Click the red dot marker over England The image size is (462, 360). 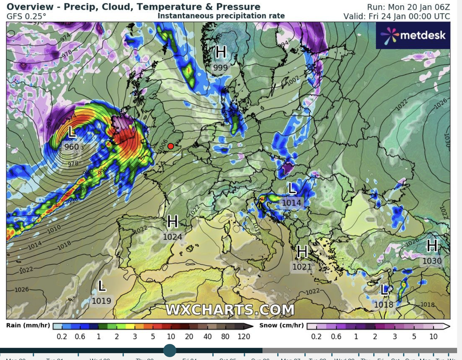[x=171, y=146]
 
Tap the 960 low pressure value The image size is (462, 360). [x=72, y=147]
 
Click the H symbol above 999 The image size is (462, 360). [x=221, y=52]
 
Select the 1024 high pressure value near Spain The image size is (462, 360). [x=173, y=237]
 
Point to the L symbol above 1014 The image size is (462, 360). [x=292, y=189]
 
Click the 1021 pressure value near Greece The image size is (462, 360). [x=302, y=267]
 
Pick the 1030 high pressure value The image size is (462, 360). [x=432, y=261]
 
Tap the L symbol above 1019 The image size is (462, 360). [x=101, y=285]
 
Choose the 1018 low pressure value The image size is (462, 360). [x=384, y=304]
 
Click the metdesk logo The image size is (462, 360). [x=413, y=35]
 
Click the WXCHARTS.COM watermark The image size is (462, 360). [x=230, y=310]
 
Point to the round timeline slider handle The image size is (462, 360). [x=170, y=350]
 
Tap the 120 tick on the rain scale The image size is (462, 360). [x=243, y=336]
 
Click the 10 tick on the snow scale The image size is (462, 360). [x=433, y=336]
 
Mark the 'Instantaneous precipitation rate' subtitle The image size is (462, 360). [x=221, y=16]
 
